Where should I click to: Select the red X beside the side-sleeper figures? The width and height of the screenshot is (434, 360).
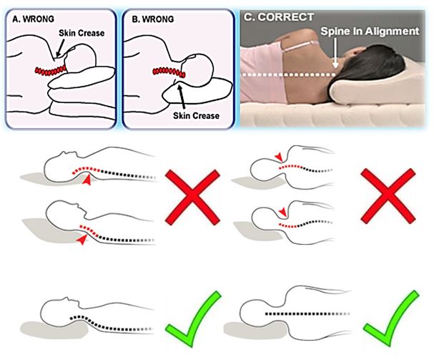coord(387,195)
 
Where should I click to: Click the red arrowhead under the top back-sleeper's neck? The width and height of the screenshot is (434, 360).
coord(88,184)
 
